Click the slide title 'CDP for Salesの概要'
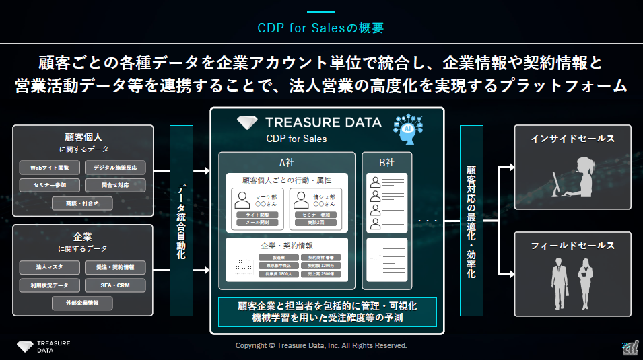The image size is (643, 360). (320, 28)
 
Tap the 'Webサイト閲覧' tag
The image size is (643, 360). (49, 168)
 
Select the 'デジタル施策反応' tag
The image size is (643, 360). (115, 168)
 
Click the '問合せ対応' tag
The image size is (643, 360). (115, 184)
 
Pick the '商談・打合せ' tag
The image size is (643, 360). (82, 202)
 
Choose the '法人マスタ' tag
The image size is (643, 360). (49, 268)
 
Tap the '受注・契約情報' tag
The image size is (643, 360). (115, 268)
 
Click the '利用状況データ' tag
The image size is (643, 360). (49, 285)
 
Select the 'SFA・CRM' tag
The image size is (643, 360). (115, 285)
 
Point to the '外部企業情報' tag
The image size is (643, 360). (82, 303)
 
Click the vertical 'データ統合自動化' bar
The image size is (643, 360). (182, 221)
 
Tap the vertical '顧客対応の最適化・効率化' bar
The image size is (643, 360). (471, 221)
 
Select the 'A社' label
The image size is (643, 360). (287, 162)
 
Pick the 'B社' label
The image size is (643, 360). (386, 162)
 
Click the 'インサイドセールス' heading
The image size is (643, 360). (573, 139)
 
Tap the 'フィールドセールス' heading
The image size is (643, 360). (573, 246)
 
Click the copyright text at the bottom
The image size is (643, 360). (321, 345)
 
